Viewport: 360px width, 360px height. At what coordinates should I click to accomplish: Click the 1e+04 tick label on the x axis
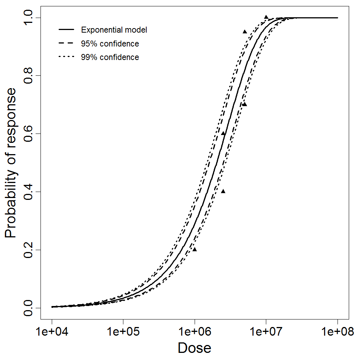pos(52,333)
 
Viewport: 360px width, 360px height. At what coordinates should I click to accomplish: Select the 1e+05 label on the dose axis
pos(123,333)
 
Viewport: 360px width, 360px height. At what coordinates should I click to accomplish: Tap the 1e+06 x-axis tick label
pos(195,333)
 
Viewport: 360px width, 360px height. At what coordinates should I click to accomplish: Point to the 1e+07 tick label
pos(266,333)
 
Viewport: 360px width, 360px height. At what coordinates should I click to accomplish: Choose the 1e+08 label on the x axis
pos(337,333)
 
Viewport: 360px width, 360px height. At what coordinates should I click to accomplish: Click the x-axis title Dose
pos(194,348)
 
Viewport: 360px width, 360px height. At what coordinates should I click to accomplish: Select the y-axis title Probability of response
pos(11,163)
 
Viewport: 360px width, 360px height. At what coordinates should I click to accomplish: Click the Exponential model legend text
pos(114,30)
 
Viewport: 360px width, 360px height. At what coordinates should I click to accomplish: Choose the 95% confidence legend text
pos(110,44)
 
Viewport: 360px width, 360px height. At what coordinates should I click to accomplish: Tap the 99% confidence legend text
pos(110,57)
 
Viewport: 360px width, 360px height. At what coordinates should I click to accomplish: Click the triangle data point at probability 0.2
pos(195,249)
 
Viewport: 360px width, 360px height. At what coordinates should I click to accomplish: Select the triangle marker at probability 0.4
pos(223,191)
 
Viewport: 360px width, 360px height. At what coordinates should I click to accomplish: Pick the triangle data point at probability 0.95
pos(244,32)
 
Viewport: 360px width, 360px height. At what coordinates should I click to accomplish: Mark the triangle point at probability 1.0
pos(266,17)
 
